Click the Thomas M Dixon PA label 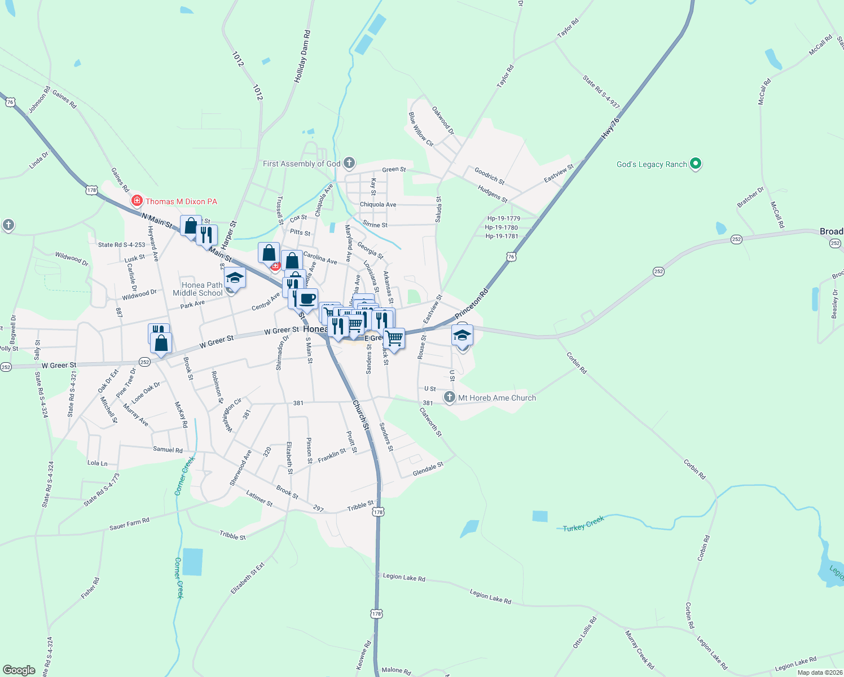[181, 201]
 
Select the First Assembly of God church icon [349, 164]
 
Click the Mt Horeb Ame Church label [497, 398]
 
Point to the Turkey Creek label [583, 524]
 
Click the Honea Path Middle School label [197, 289]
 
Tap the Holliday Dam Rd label [302, 57]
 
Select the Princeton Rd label [472, 304]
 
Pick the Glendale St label [428, 469]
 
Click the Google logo [19, 670]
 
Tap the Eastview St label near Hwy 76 [559, 173]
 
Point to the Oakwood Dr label [443, 120]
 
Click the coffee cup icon [307, 298]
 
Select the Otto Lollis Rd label [584, 632]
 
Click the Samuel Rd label [168, 450]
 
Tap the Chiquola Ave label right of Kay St [378, 204]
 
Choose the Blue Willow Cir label [421, 129]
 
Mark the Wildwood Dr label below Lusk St [139, 294]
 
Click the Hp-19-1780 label [501, 227]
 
